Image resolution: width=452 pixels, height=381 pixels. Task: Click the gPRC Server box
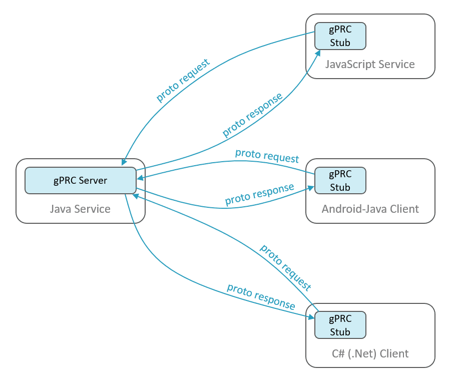point(81,180)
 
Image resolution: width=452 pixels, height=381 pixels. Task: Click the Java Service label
point(80,208)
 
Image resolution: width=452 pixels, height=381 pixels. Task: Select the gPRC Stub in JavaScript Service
point(340,36)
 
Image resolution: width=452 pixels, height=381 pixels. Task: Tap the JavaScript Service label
point(370,64)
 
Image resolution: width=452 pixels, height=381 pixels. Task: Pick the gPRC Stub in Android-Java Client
point(340,181)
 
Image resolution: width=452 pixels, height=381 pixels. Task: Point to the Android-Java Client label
point(370,209)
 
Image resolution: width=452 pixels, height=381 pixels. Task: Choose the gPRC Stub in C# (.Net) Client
point(340,325)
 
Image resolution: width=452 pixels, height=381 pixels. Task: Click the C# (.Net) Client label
point(370,353)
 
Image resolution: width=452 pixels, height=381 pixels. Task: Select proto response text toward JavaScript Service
point(252,115)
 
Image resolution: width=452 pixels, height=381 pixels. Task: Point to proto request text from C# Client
point(285,267)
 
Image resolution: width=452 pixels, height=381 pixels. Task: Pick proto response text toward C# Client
point(260,296)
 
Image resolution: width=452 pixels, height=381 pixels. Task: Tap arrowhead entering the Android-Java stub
point(311,188)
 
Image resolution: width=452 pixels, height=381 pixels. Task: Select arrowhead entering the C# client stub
point(311,316)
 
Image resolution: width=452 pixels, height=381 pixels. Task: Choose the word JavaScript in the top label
point(351,64)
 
